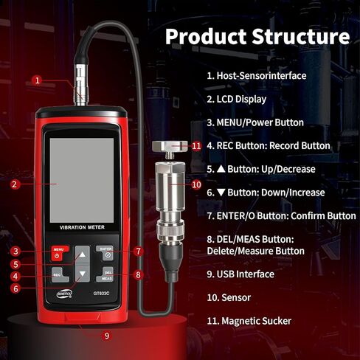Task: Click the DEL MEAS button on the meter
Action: point(107,276)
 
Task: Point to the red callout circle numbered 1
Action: point(37,80)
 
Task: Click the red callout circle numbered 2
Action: point(15,184)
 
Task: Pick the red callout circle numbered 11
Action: point(195,146)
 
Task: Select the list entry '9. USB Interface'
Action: point(240,274)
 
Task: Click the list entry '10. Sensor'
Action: point(229,297)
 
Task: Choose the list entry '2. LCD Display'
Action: point(236,99)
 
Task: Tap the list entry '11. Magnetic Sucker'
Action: point(249,321)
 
